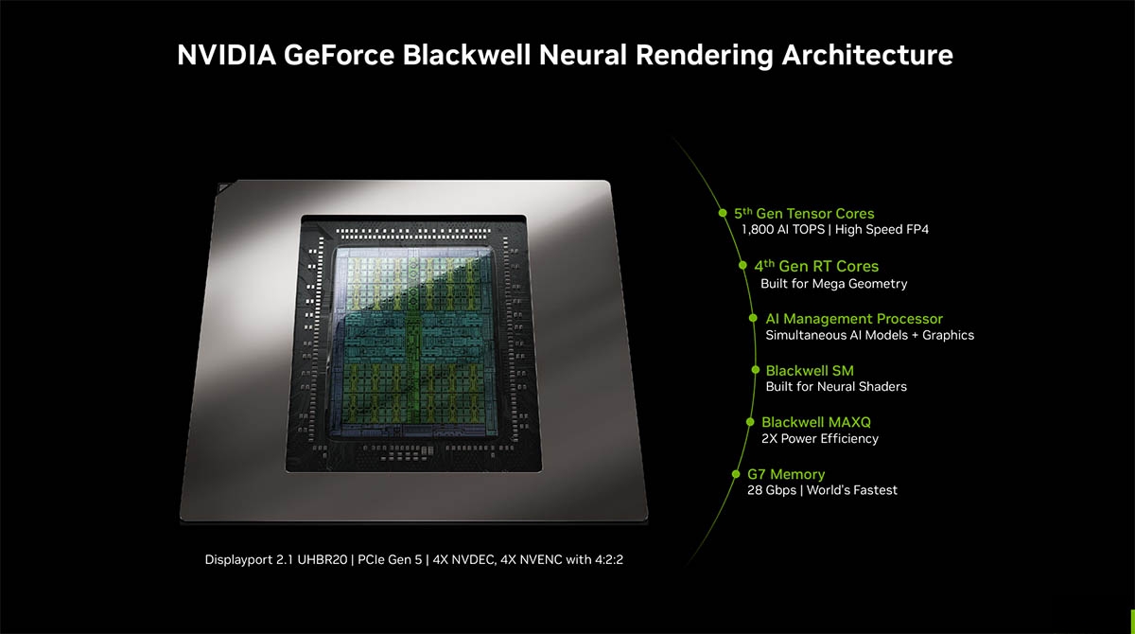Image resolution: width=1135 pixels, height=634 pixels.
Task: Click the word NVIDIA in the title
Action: (x=226, y=55)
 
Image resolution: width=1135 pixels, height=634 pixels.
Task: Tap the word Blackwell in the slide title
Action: (x=466, y=55)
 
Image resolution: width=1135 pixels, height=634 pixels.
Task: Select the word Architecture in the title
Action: (x=867, y=55)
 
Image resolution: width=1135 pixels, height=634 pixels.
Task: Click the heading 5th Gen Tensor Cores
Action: (x=804, y=213)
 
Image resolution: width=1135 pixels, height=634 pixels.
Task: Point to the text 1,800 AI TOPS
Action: (x=783, y=230)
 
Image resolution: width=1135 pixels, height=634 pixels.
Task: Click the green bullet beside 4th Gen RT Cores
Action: (x=742, y=265)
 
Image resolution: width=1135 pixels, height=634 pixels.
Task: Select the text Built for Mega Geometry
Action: (x=833, y=283)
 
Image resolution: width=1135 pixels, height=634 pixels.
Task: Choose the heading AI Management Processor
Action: (x=854, y=319)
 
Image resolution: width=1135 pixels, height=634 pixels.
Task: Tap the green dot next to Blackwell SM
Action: (x=756, y=370)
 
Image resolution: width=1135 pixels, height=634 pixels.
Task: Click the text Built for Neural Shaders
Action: (x=836, y=387)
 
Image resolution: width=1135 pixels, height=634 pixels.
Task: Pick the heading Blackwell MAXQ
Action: (x=816, y=422)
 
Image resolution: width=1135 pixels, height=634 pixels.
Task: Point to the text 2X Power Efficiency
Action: (x=820, y=438)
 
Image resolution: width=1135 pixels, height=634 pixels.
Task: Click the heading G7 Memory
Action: (x=786, y=474)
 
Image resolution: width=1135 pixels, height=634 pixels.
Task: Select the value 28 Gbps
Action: (x=772, y=490)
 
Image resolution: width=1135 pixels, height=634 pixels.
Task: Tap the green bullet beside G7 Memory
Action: (x=736, y=474)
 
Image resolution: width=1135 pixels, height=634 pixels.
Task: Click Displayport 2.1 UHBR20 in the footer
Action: (x=276, y=559)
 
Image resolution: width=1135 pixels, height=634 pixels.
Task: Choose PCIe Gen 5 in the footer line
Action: (x=390, y=559)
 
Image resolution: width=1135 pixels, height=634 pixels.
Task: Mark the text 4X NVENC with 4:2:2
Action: (x=562, y=559)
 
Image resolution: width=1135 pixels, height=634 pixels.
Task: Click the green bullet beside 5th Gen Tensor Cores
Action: (x=723, y=213)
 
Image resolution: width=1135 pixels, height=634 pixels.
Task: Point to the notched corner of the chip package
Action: (x=223, y=187)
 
